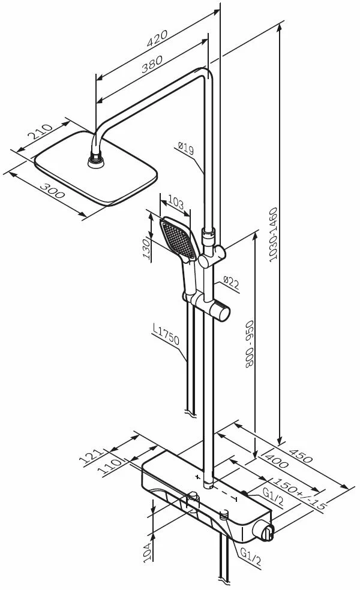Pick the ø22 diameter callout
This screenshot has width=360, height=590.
click(231, 282)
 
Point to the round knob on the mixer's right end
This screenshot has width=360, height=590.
click(268, 529)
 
